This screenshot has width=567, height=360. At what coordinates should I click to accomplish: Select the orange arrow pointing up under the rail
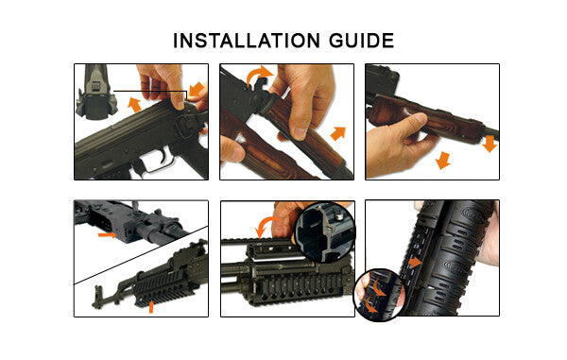[150, 305]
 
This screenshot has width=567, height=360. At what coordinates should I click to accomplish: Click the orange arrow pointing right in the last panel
[417, 262]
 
